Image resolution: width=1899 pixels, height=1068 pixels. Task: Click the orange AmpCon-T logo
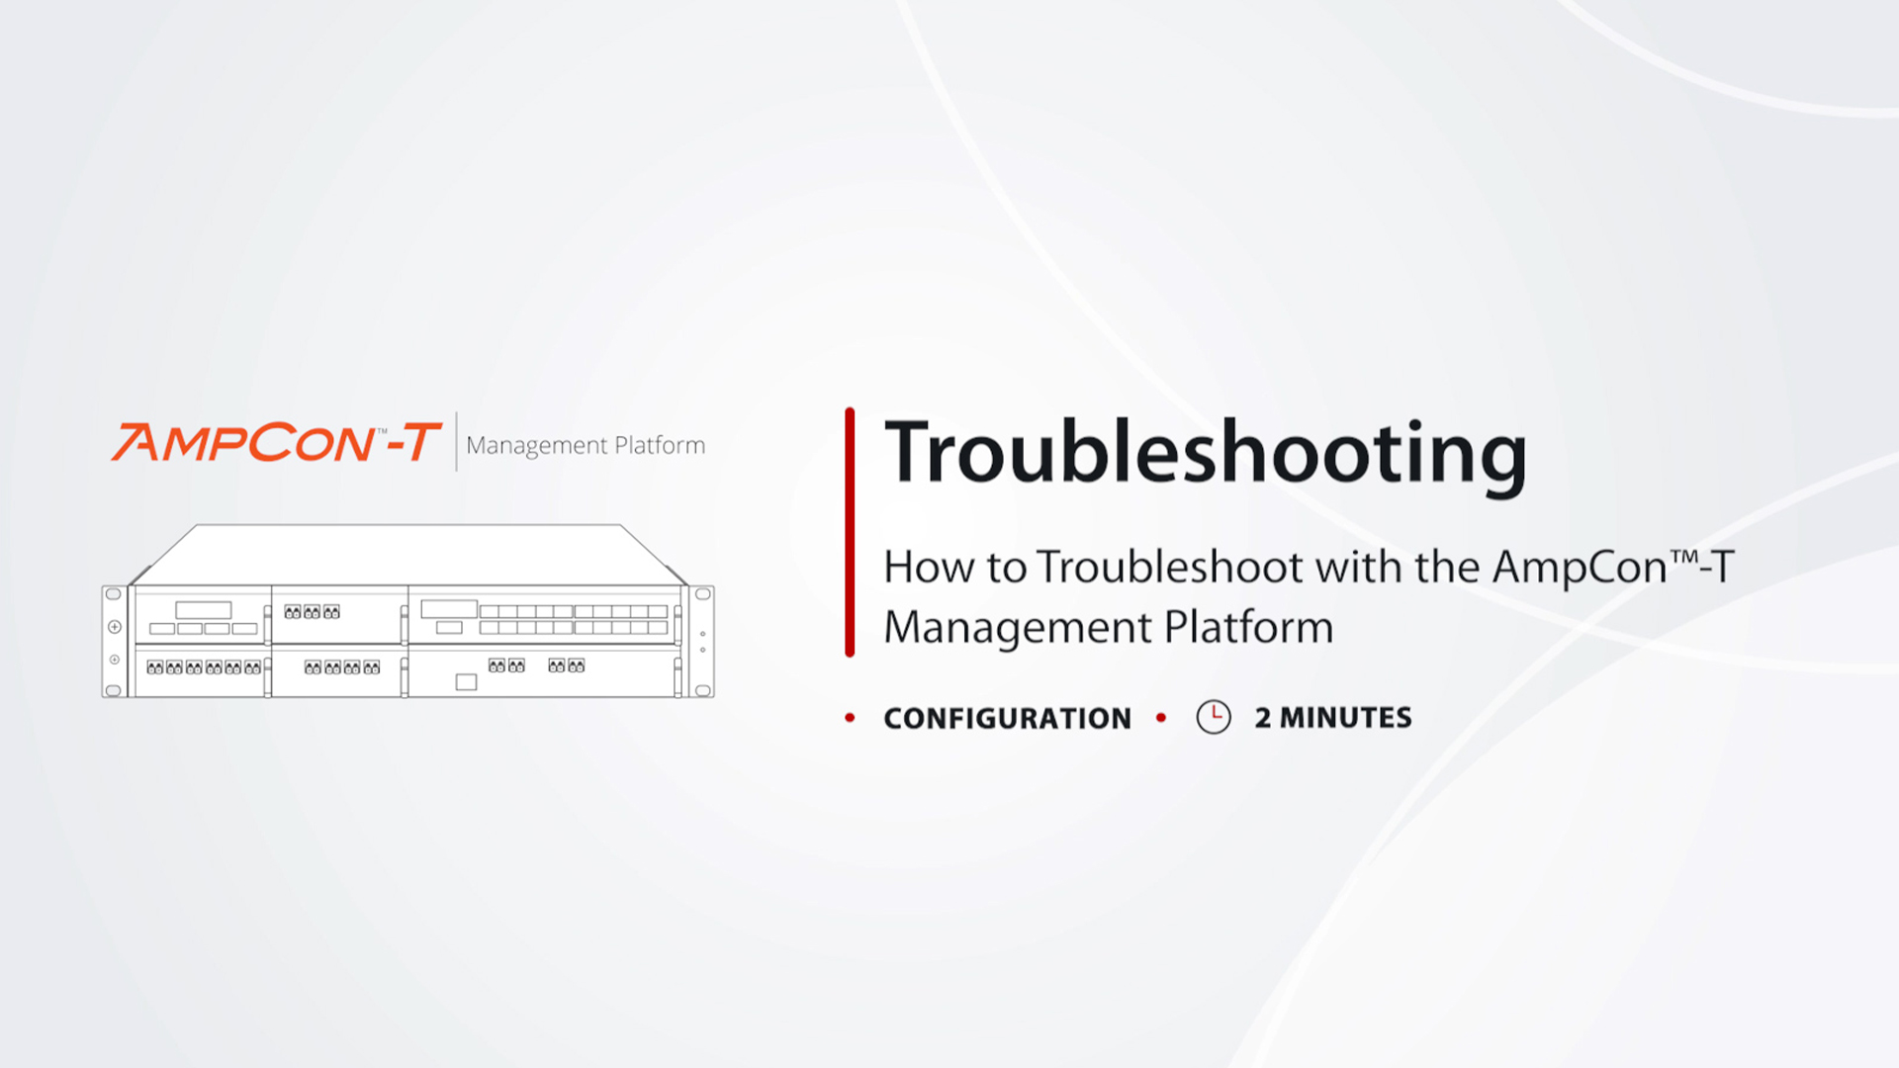[x=276, y=442]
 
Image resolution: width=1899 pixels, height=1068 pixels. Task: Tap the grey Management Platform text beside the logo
[x=586, y=446]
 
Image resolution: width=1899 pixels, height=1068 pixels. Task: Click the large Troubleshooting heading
[x=1206, y=454]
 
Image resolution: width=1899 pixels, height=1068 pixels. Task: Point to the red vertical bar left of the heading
[x=850, y=532]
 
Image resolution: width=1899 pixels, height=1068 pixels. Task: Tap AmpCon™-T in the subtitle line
[x=1613, y=568]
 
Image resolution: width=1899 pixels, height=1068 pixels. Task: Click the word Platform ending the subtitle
[x=1249, y=628]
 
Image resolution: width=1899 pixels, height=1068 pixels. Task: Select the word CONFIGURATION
[x=1007, y=719]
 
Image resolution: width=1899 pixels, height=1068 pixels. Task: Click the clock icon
[x=1214, y=717]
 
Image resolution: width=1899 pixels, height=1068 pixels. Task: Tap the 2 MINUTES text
[x=1333, y=718]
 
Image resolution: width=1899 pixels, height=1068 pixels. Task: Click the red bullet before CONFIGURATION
[x=850, y=718]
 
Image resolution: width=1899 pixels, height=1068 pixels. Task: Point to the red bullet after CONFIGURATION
[x=1161, y=718]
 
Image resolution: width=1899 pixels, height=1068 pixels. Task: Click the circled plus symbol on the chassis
[x=115, y=627]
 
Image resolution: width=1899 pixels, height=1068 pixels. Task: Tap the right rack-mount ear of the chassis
[x=703, y=642]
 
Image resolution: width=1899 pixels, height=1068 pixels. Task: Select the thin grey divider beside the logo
[x=456, y=441]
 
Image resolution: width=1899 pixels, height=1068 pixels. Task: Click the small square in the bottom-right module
[x=466, y=682]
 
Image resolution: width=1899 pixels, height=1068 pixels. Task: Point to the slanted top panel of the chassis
[x=408, y=554]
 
